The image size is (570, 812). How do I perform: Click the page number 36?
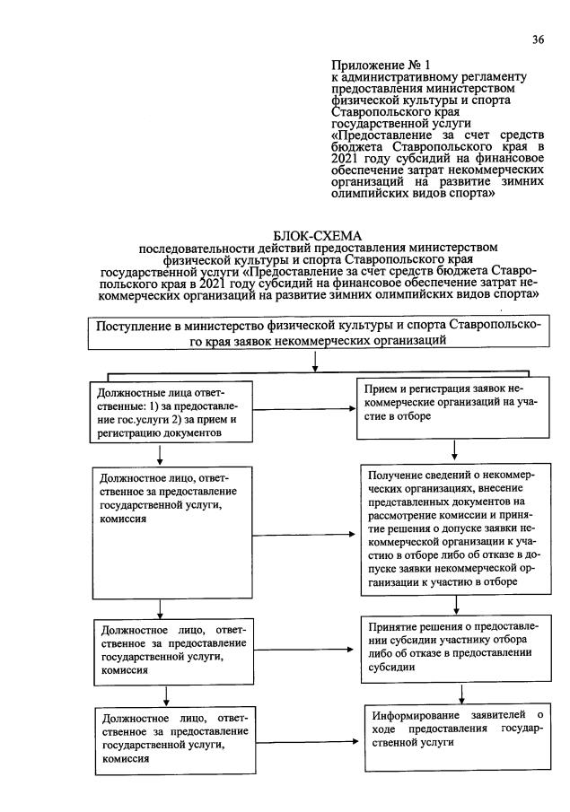538,39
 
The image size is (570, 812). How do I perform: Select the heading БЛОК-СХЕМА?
317,234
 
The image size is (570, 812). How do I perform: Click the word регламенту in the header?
488,77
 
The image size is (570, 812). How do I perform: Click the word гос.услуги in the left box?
122,420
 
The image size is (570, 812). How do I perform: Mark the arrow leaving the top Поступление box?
315,362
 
